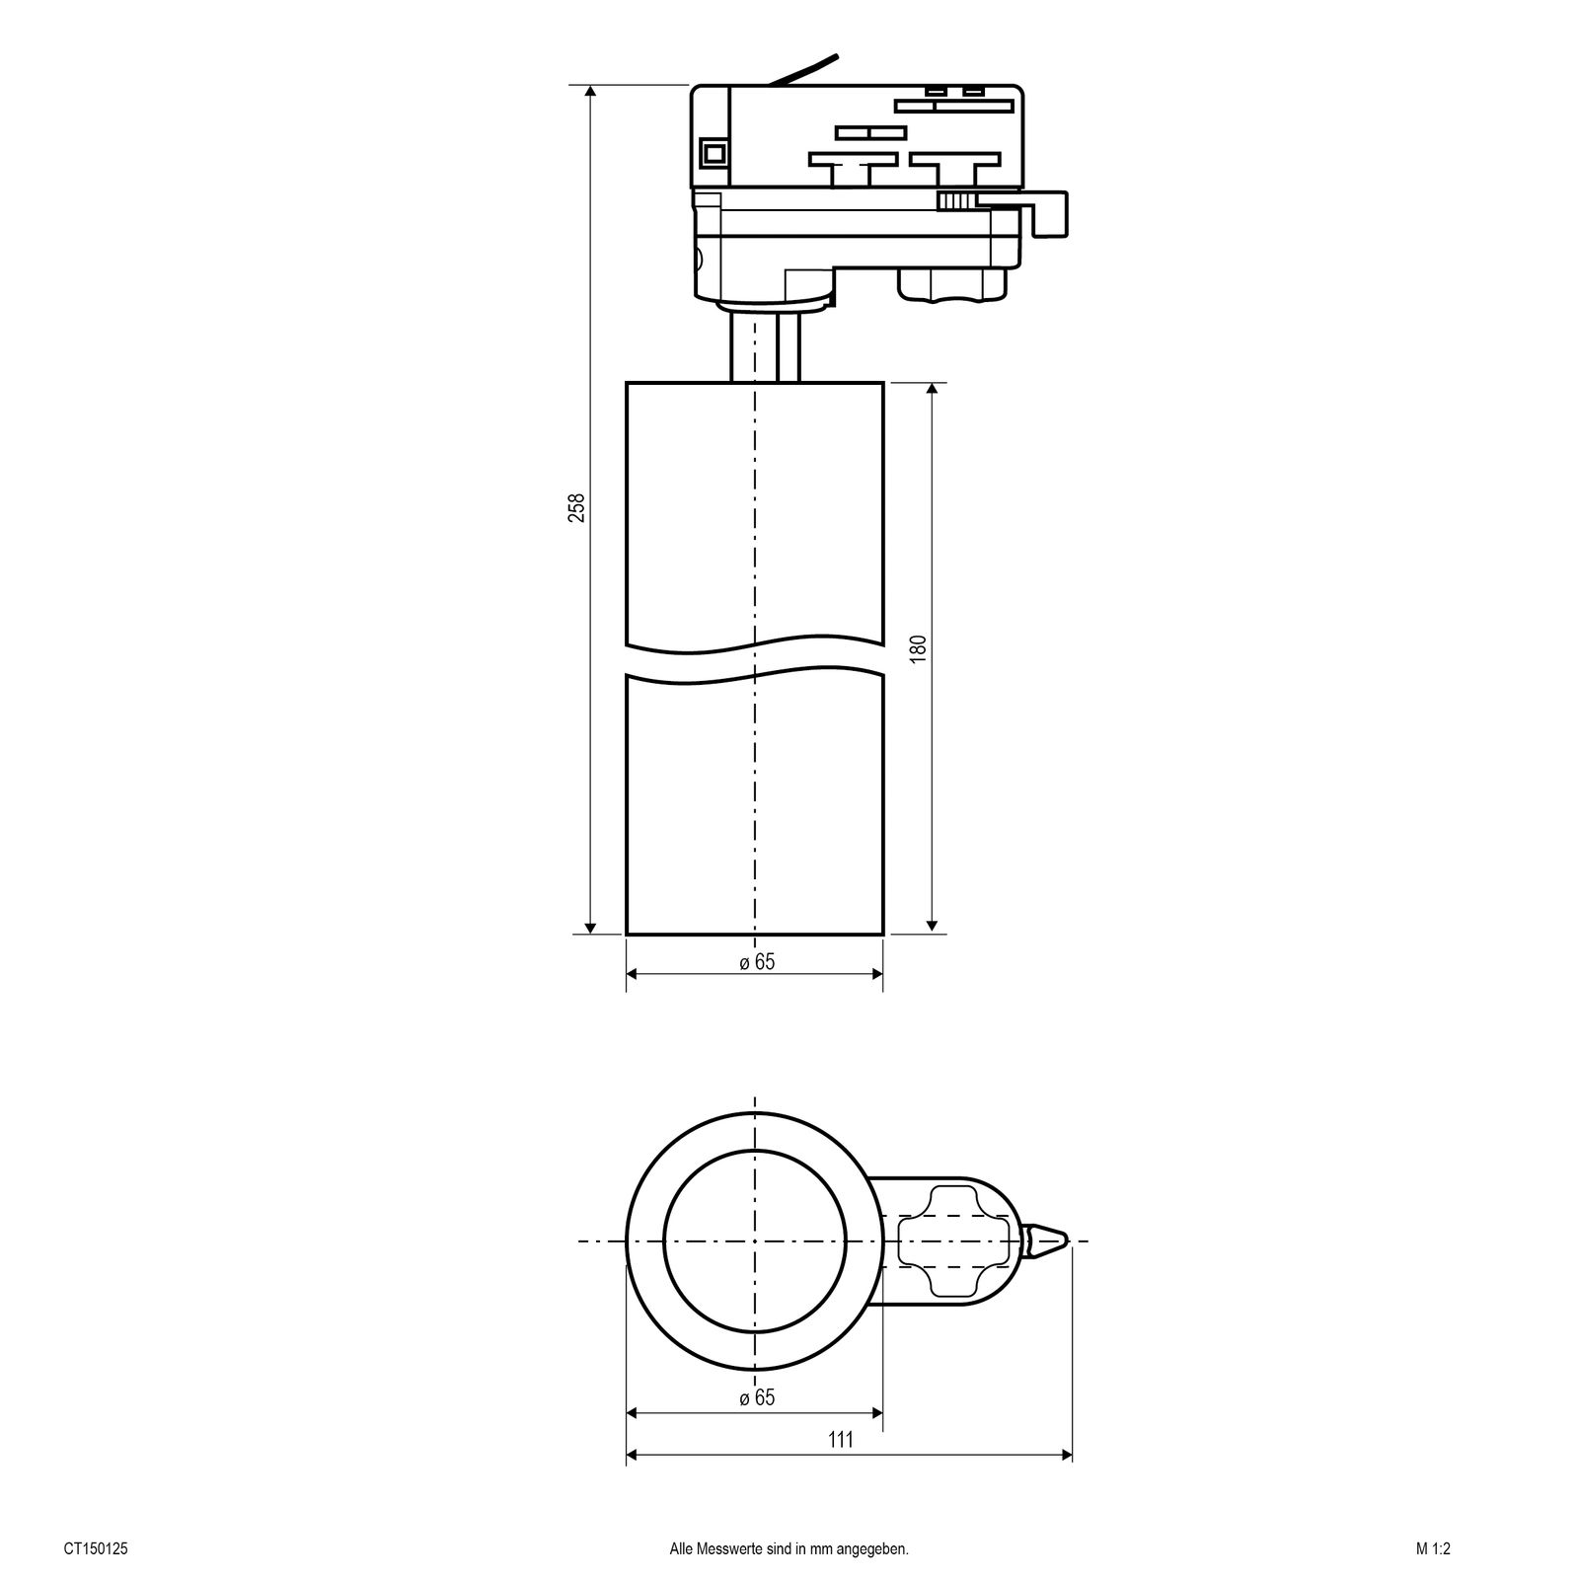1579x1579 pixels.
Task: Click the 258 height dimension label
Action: [577, 507]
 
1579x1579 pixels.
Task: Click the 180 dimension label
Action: [918, 649]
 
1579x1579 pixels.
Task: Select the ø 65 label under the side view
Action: [757, 962]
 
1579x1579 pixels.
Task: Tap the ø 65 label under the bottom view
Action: [757, 1398]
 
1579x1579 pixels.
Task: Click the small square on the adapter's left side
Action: [712, 153]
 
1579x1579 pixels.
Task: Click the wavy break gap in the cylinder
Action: [755, 664]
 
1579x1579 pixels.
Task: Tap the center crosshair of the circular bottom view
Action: [755, 1241]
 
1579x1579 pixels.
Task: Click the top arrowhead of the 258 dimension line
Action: [590, 92]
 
